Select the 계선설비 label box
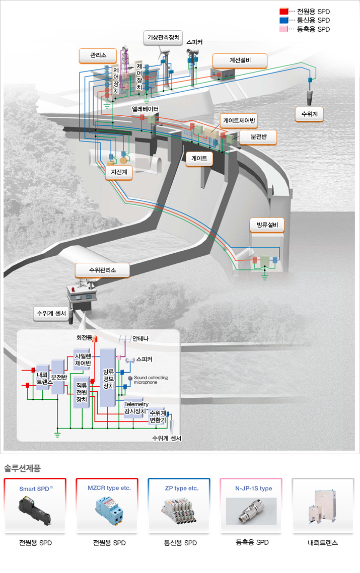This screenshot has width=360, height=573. (x=240, y=60)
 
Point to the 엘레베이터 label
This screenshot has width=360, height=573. (x=146, y=109)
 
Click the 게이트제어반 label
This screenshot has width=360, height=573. (x=240, y=121)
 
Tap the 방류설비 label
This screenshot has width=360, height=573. (x=267, y=225)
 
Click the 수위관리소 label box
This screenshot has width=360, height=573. (x=102, y=270)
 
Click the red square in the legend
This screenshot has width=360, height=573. (x=284, y=11)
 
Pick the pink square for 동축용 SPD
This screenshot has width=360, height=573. (x=284, y=29)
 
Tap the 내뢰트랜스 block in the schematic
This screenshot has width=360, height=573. (x=42, y=378)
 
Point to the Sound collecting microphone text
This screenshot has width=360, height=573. (x=151, y=380)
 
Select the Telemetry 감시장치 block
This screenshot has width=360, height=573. (x=136, y=407)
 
